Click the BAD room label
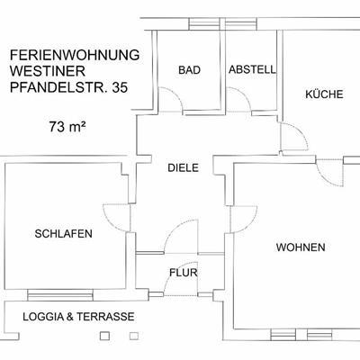(x=189, y=70)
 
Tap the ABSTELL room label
(x=252, y=69)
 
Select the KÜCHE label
(x=324, y=94)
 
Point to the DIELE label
(x=183, y=167)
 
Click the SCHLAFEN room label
(x=63, y=234)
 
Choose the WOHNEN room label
(x=301, y=247)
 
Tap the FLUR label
(x=184, y=273)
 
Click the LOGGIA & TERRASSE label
(x=78, y=317)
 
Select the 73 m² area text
(x=67, y=127)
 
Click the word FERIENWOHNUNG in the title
(x=75, y=55)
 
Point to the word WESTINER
(x=48, y=71)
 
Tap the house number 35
(x=120, y=87)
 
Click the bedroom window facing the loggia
(x=60, y=295)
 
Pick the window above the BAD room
(x=204, y=24)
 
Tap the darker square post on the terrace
(x=104, y=336)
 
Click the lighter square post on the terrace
(x=134, y=336)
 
